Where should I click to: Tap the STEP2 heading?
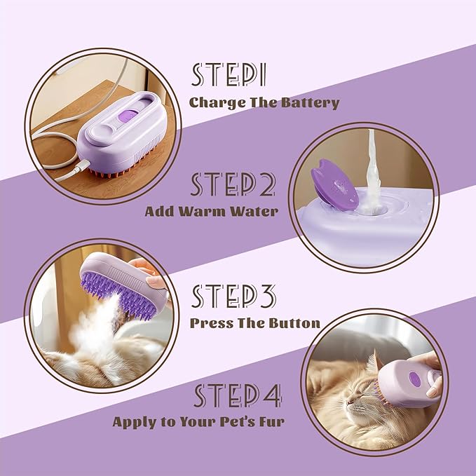(233, 184)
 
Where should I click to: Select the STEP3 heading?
(234, 297)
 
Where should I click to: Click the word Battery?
(310, 102)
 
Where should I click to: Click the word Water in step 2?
(253, 210)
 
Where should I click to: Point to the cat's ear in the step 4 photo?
(372, 363)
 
